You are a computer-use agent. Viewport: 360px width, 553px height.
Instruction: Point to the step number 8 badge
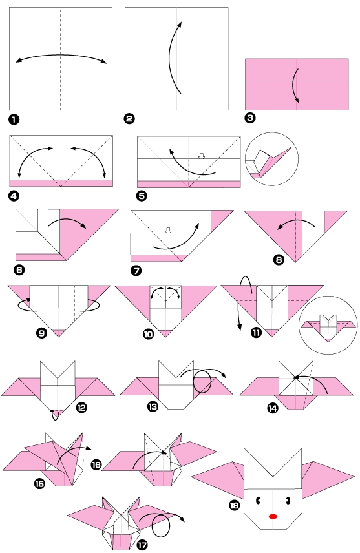tap(279, 261)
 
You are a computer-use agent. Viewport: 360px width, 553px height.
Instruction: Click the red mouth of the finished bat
tap(273, 516)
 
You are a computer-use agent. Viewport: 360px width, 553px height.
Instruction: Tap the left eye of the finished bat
tap(259, 499)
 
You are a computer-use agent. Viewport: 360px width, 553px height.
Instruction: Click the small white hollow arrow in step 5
tap(201, 156)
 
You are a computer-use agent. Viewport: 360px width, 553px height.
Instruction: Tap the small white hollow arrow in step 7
tap(169, 229)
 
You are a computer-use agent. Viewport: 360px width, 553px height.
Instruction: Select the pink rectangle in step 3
tap(297, 84)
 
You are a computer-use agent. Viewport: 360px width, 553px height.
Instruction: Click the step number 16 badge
tap(97, 464)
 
